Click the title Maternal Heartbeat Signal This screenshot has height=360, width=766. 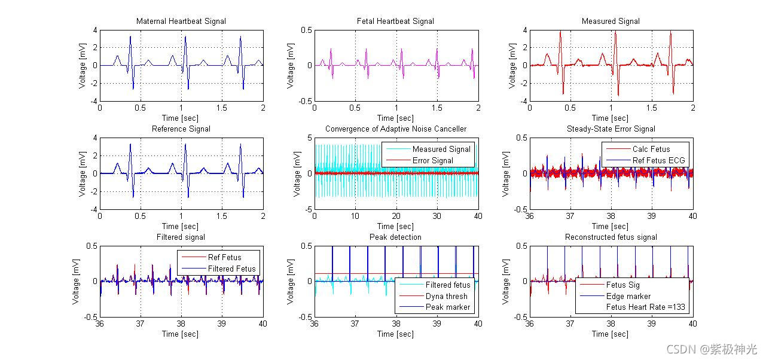(181, 22)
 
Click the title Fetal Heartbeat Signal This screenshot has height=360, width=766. (396, 22)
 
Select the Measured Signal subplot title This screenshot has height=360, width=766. (611, 22)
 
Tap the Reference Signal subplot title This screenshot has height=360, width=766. (181, 129)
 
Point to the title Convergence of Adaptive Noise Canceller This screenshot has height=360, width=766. (396, 129)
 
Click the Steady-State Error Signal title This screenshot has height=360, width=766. (611, 129)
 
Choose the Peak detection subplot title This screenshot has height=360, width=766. (396, 237)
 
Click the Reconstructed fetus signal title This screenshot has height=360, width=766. (611, 237)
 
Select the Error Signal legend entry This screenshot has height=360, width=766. (432, 160)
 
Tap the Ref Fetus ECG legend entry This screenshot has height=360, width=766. (658, 160)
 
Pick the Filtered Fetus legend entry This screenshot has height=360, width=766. (231, 269)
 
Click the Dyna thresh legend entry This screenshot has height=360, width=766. (446, 296)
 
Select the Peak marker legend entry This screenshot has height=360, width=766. (448, 307)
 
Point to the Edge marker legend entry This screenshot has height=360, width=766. (628, 296)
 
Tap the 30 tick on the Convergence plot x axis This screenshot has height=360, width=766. (437, 215)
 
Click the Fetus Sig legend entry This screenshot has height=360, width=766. (622, 285)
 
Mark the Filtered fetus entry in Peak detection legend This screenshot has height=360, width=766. (448, 285)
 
